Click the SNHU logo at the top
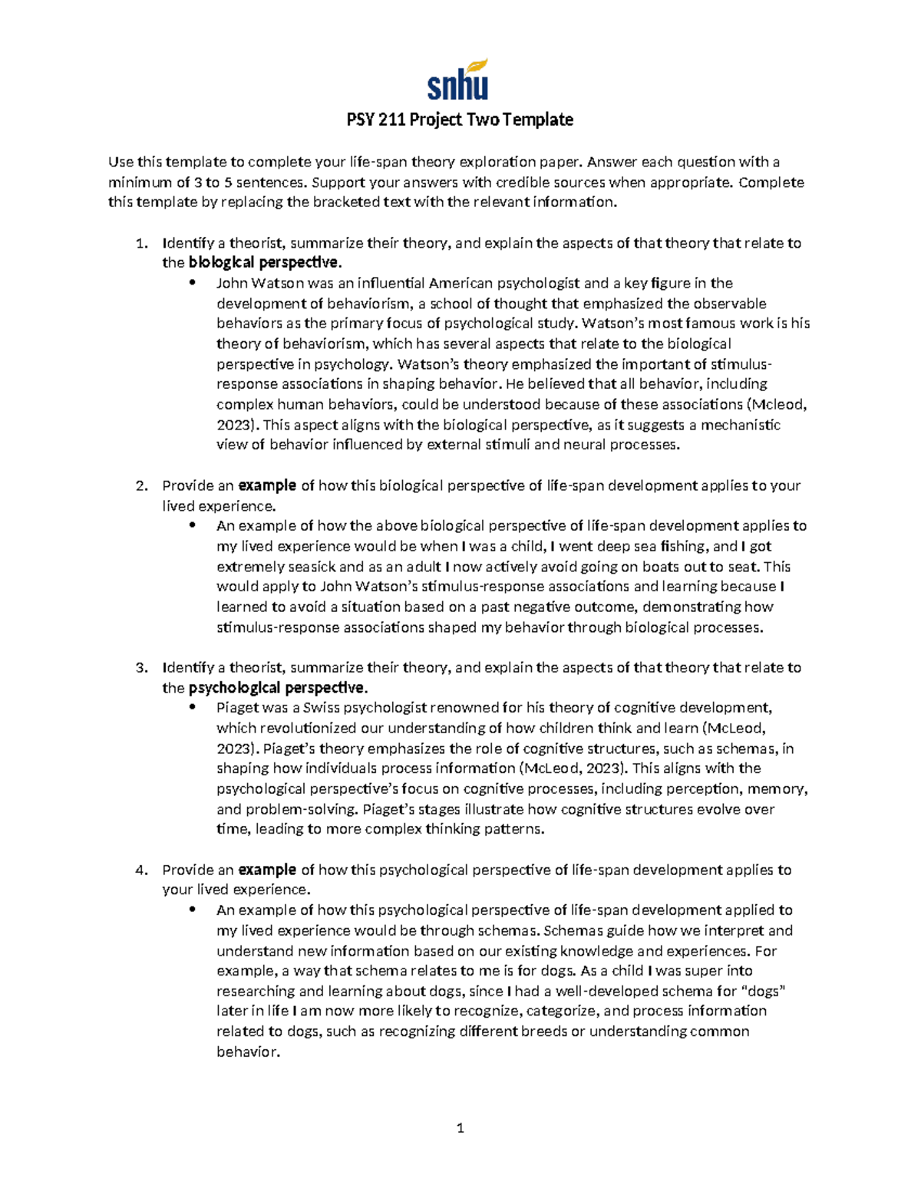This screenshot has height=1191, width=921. pos(458,80)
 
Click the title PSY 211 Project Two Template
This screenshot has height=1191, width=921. pos(460,120)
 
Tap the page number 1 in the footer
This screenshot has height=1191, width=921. pos(460,1127)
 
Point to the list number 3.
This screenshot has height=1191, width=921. pos(140,667)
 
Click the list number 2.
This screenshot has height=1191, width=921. pos(140,485)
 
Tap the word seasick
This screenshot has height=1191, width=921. pos(311,567)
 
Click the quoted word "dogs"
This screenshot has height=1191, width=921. pos(764,991)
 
